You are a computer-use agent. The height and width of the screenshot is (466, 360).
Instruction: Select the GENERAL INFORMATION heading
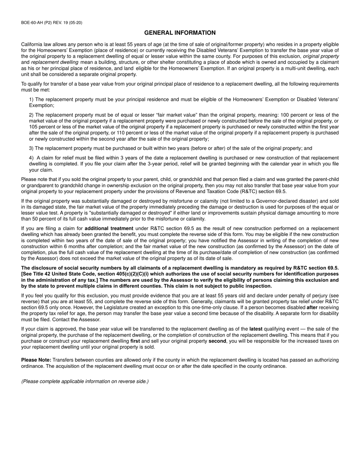tap(180, 33)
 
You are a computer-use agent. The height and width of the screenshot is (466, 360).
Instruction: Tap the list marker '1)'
tap(31, 99)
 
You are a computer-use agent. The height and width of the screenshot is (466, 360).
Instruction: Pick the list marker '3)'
tap(31, 149)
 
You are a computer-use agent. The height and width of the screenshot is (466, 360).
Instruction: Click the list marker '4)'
tap(31, 158)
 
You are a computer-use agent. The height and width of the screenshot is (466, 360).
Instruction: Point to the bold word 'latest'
tap(256, 329)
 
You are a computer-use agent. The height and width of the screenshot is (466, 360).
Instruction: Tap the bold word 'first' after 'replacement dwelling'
tap(135, 341)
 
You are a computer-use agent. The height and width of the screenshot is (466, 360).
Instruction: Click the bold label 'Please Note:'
tap(36, 360)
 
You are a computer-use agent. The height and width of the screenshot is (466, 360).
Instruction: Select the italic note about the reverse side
tap(85, 381)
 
